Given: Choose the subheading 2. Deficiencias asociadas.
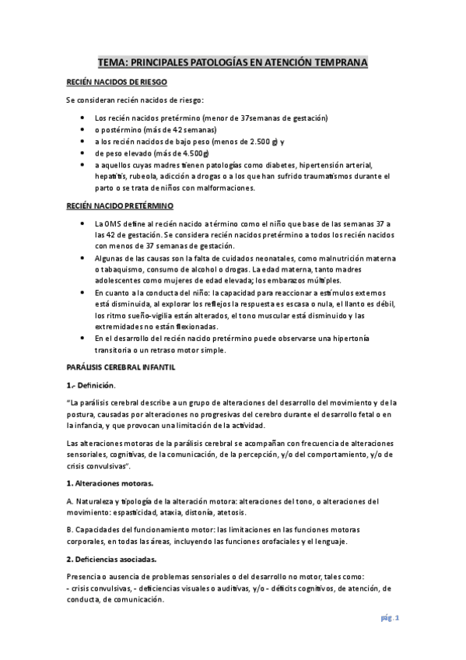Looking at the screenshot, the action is tap(111, 559).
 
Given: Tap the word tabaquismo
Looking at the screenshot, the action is tap(127, 269).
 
